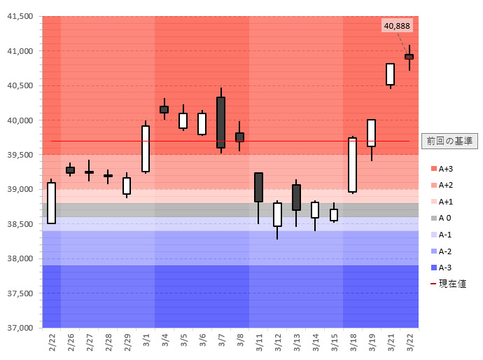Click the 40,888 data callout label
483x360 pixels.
397,26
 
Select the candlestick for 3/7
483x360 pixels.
220,122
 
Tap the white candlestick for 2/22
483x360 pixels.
51,202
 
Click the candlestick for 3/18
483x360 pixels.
352,165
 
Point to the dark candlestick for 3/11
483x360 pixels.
258,187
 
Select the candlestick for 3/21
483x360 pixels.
390,74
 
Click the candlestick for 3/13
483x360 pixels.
296,197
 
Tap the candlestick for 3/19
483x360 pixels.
371,133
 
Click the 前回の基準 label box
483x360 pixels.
449,141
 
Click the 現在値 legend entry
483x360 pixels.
448,284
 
